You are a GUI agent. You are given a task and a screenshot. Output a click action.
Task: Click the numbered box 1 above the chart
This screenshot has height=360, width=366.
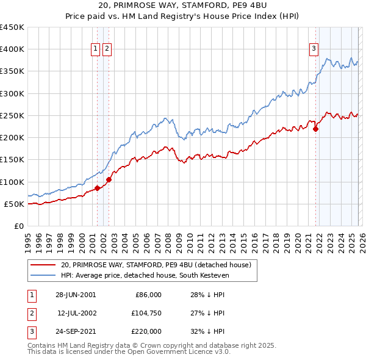click(96, 50)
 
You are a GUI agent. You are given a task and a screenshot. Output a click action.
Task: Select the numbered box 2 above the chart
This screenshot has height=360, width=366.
click(107, 50)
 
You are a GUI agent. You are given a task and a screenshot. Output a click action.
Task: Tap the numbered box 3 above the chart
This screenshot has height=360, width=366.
click(314, 50)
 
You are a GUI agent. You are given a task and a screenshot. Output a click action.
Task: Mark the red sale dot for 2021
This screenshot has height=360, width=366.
click(316, 129)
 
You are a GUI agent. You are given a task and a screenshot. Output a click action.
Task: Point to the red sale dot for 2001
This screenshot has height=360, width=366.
click(97, 188)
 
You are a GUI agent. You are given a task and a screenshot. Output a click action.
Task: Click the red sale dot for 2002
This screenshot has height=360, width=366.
click(109, 179)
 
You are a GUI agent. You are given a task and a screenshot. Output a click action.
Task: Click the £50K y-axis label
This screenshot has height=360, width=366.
click(13, 204)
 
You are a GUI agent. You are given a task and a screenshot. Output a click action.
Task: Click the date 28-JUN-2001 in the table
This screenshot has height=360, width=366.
click(76, 295)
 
